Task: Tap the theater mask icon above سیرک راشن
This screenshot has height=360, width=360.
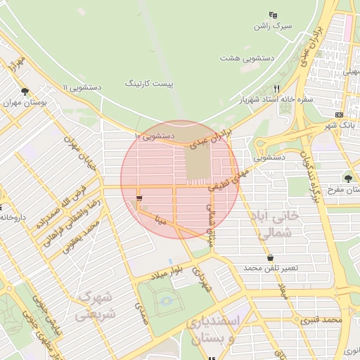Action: tap(273, 15)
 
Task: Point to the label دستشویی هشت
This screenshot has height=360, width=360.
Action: tap(243, 57)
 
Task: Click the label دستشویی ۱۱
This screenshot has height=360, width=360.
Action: tap(82, 87)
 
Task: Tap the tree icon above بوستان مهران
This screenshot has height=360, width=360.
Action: tap(25, 91)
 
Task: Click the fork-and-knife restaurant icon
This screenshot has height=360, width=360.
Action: tap(276, 89)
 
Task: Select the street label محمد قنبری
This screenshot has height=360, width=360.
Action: tap(321, 320)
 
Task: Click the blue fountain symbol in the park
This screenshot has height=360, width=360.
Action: tap(166, 302)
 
